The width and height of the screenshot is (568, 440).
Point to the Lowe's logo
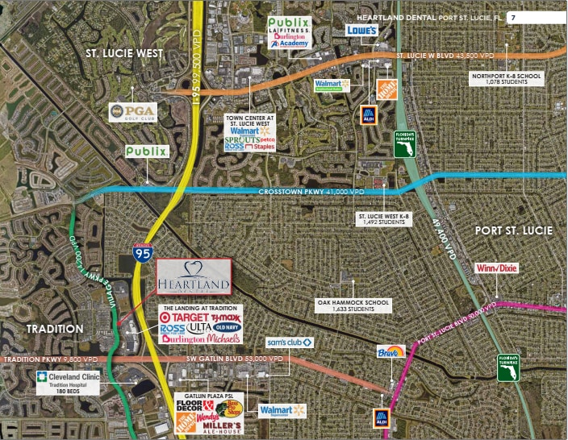[x=362, y=30]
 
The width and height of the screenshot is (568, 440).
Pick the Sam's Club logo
[x=290, y=342]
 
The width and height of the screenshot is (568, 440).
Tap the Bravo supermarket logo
[x=390, y=352]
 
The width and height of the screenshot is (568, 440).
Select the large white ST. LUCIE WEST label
[x=125, y=53]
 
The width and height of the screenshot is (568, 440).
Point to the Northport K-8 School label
[x=507, y=79]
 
